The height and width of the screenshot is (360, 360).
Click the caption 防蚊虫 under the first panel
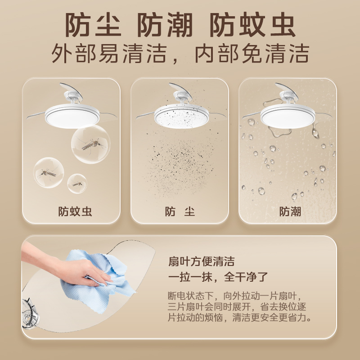tap(75, 211)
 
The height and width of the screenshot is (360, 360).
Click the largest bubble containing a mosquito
tap(90, 144)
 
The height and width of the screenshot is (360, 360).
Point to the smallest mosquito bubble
tap(77, 184)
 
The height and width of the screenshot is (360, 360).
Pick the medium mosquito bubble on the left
tap(48, 172)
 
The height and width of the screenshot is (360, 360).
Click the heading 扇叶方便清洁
tap(201, 261)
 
